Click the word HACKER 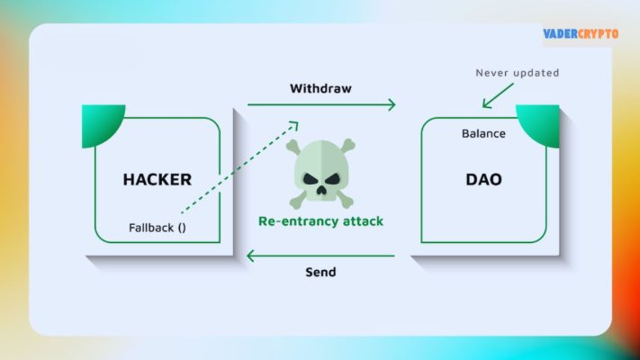(158, 179)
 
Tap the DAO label (483, 179)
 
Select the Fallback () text (158, 227)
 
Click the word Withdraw (320, 89)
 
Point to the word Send (320, 271)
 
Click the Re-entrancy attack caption (320, 220)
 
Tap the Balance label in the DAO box (483, 133)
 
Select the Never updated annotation (517, 72)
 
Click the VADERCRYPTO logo (581, 33)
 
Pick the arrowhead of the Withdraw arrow (391, 105)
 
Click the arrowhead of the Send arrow (252, 256)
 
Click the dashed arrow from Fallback (239, 166)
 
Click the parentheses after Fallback (182, 227)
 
